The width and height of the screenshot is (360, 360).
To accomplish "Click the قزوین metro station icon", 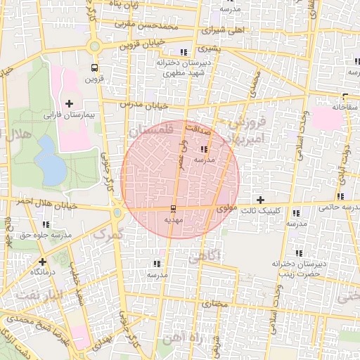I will pyautogui.click(x=94, y=67).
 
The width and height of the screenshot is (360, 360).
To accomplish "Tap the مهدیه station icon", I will pyautogui.click(x=173, y=209).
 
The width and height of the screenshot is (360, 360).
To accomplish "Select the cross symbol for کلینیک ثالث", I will pyautogui.click(x=261, y=200).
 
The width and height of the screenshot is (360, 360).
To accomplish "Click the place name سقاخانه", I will pyautogui.click(x=346, y=108).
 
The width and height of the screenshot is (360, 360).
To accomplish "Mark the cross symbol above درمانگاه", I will pyautogui.click(x=33, y=259).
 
